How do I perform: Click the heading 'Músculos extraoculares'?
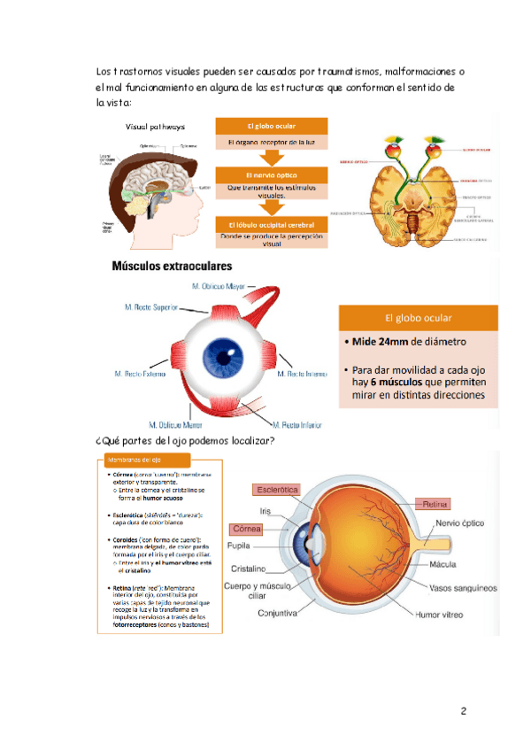click(172, 266)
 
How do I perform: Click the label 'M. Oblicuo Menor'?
click(177, 425)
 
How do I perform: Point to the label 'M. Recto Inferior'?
click(304, 425)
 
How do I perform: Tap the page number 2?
click(462, 711)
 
